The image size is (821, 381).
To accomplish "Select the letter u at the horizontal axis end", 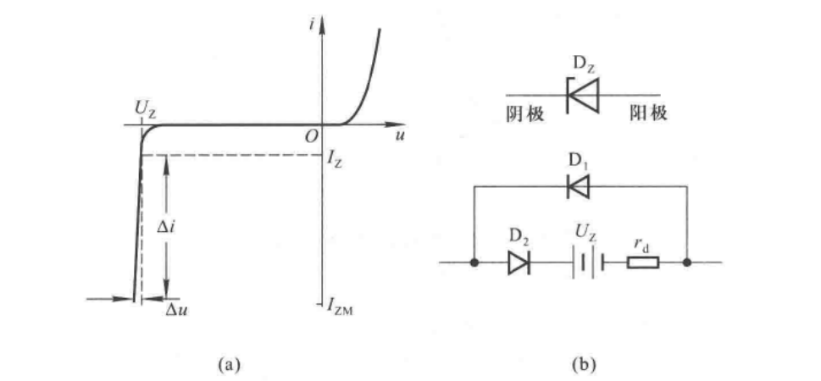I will click(x=399, y=135).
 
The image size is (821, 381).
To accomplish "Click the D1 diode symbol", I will click(x=580, y=188).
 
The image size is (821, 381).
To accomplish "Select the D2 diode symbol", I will click(x=518, y=262).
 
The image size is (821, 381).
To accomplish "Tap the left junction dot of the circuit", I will click(x=474, y=262).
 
